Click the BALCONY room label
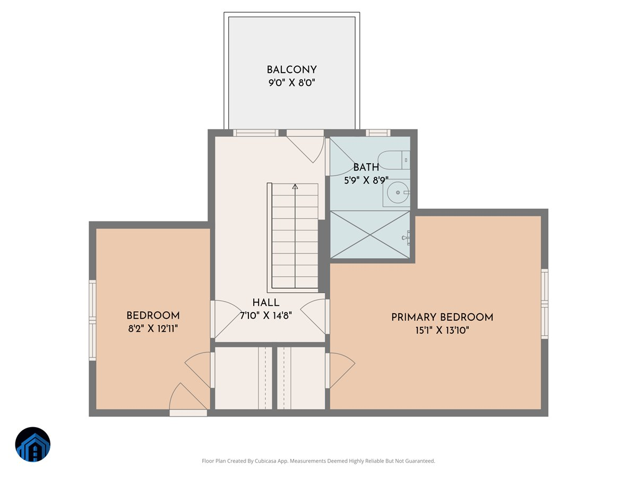click(x=291, y=70)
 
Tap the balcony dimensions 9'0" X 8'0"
click(x=291, y=83)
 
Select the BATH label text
click(x=366, y=168)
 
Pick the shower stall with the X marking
click(x=370, y=234)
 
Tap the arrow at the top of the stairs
click(x=295, y=187)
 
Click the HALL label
click(x=266, y=303)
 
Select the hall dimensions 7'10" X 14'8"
click(x=266, y=316)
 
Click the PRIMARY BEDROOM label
click(x=442, y=317)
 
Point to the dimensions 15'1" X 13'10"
click(x=442, y=331)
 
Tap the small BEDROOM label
click(x=153, y=315)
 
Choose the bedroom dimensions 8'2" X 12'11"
click(x=153, y=329)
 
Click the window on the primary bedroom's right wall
click(x=544, y=303)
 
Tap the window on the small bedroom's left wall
click(x=93, y=320)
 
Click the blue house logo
click(x=33, y=444)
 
